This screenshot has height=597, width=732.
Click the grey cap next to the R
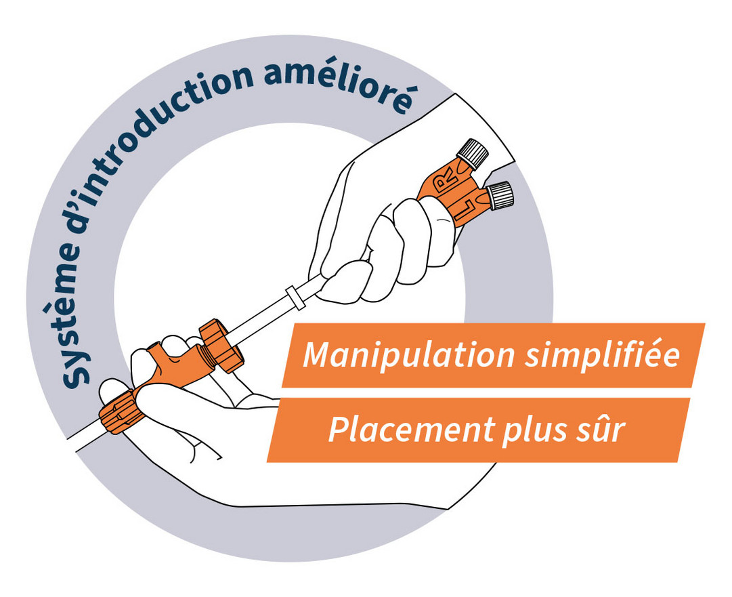(474, 153)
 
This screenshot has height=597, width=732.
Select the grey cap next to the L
(501, 194)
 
